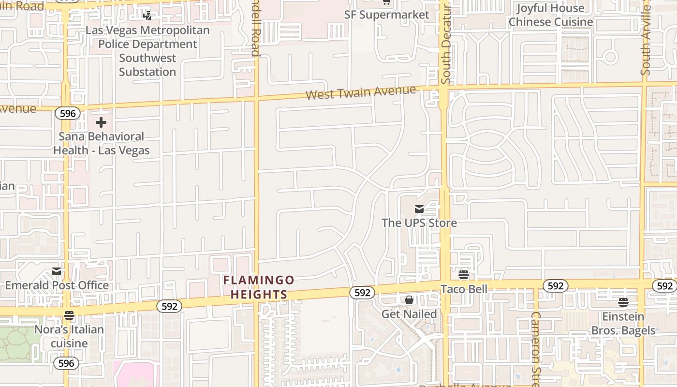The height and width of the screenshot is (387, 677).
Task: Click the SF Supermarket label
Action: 386,15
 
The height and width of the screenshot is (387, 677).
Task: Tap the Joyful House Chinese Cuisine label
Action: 550,15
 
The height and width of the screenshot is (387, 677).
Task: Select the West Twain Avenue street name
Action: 361,92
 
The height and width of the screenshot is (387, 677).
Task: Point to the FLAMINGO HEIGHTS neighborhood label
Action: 259,287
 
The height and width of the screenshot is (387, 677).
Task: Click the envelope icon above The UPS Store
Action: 419,209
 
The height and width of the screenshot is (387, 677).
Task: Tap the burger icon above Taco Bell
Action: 464,275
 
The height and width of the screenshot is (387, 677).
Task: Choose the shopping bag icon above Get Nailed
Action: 409,300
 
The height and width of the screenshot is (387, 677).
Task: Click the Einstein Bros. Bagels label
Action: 623,324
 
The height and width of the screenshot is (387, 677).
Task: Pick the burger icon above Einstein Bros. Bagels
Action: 623,302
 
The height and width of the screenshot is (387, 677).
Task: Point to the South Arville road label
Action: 646,41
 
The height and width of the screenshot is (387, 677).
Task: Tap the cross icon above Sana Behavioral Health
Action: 101,122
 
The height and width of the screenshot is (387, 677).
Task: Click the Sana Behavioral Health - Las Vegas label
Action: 101,144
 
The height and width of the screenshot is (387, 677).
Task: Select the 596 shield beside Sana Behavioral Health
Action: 67,113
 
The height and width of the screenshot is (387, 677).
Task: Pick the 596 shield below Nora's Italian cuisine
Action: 66,363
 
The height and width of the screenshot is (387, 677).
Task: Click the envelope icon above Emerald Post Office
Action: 57,271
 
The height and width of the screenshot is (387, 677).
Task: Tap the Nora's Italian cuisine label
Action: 69,336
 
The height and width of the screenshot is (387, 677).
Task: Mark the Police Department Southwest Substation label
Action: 147,51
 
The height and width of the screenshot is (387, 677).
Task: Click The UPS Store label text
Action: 419,223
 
